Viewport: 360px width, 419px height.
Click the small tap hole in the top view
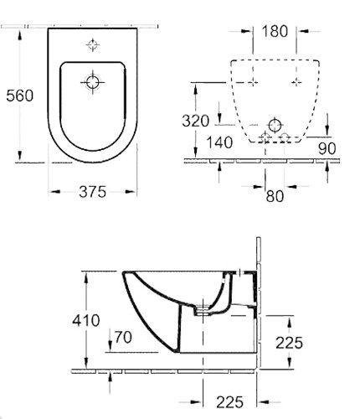(92, 44)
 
